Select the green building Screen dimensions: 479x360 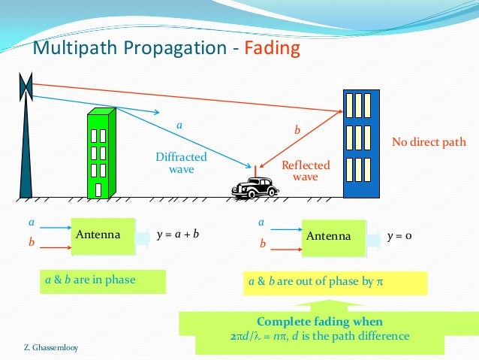(x=100, y=154)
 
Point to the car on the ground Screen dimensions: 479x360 (x=255, y=189)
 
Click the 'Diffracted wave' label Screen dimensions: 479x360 (x=181, y=163)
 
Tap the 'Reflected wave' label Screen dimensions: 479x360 (x=305, y=171)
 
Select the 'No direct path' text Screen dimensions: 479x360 (x=429, y=142)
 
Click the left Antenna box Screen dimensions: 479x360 (x=102, y=234)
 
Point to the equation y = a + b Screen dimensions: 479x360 (x=178, y=235)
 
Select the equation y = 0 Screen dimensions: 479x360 (x=400, y=236)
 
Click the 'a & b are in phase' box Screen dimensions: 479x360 (x=91, y=280)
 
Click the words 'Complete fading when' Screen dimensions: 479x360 (x=320, y=321)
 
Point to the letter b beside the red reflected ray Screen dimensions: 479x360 (x=297, y=131)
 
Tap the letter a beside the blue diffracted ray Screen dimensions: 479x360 (x=179, y=124)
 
